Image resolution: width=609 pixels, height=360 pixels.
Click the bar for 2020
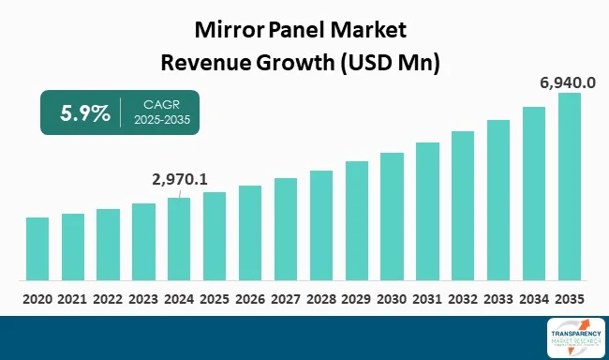[37, 248]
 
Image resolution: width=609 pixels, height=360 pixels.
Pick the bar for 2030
[392, 216]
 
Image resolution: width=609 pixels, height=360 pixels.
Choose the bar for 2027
[286, 229]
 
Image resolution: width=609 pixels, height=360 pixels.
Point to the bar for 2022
[108, 244]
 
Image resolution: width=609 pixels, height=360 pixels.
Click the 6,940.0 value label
[568, 82]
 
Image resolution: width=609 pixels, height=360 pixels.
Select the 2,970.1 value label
[180, 177]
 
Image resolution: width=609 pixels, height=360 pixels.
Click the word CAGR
[154, 106]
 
